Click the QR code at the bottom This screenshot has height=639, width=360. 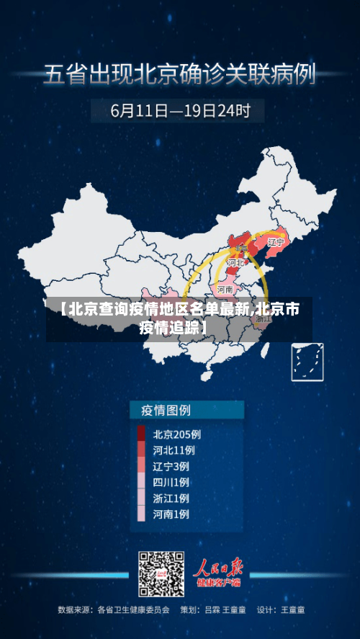pyautogui.click(x=161, y=574)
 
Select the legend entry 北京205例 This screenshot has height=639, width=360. pyautogui.click(x=177, y=434)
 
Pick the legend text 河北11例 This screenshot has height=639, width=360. pyautogui.click(x=174, y=450)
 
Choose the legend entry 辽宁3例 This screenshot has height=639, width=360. pyautogui.click(x=171, y=465)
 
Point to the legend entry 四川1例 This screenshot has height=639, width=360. pyautogui.click(x=171, y=482)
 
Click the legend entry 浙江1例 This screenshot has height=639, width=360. pyautogui.click(x=171, y=498)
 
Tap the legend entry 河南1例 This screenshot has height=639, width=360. pyautogui.click(x=171, y=514)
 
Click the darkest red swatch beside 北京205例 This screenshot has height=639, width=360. pyautogui.click(x=141, y=434)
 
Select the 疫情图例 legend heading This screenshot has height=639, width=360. pyautogui.click(x=161, y=411)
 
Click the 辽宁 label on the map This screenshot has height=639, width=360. pyautogui.click(x=276, y=242)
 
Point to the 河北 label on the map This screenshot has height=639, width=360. pyautogui.click(x=235, y=263)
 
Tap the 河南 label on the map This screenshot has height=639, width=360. pyautogui.click(x=225, y=289)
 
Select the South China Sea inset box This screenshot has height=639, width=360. pyautogui.click(x=307, y=362)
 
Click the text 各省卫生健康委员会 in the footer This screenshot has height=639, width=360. pyautogui.click(x=134, y=609)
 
